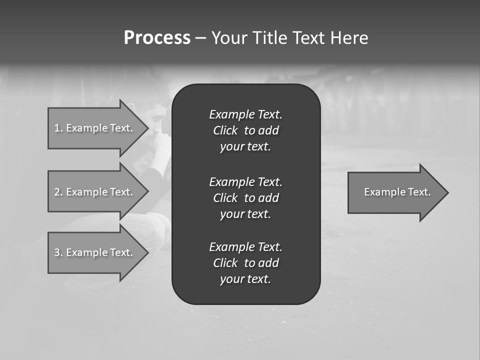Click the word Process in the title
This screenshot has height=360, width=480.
(x=157, y=38)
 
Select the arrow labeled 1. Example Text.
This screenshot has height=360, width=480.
(x=93, y=128)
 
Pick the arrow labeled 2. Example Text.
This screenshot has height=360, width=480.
(x=93, y=192)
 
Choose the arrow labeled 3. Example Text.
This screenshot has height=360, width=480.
(x=93, y=252)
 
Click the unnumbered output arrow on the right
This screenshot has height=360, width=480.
(x=397, y=192)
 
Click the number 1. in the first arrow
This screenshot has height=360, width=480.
(x=58, y=128)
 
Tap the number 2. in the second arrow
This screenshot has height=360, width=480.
(x=58, y=192)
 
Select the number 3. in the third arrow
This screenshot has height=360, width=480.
(x=58, y=252)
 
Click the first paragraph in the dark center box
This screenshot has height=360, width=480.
(x=245, y=130)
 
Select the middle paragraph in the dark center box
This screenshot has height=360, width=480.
(x=245, y=197)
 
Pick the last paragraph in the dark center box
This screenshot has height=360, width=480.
(x=245, y=263)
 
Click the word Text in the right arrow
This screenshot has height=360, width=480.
(x=419, y=192)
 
